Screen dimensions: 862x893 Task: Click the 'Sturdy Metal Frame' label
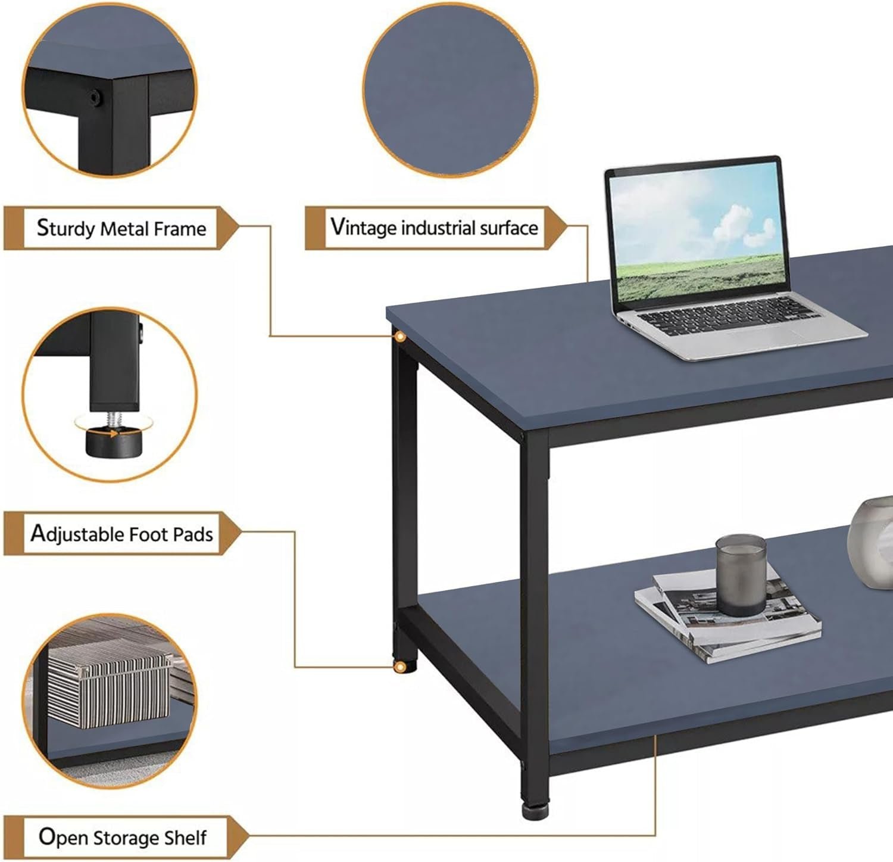pos(121,228)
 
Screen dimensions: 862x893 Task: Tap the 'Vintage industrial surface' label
pos(434,228)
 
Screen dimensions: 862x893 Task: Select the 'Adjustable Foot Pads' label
pos(122,533)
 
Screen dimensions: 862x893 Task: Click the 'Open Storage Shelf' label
pos(123,838)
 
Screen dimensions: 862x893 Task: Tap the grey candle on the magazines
pos(741,574)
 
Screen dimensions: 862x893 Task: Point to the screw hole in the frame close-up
pos(94,97)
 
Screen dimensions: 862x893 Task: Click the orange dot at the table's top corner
pos(401,337)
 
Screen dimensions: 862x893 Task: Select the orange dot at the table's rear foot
pos(399,667)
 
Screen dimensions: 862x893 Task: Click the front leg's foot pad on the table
pos(535,811)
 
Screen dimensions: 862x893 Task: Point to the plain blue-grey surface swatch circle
pos(449,89)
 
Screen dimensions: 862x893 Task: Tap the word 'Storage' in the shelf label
pos(126,838)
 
